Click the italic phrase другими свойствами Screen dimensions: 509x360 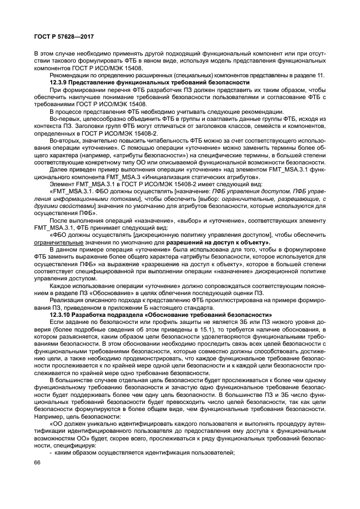[62, 206]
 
